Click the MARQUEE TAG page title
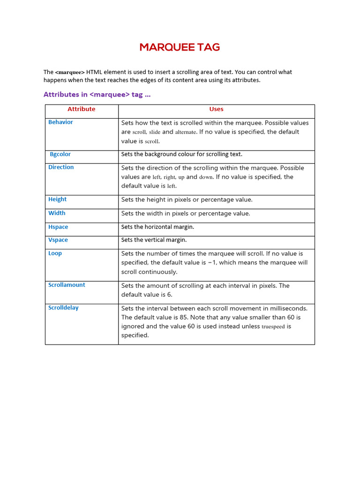(x=180, y=47)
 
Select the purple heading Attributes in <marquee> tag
(x=97, y=95)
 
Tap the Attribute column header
(x=81, y=109)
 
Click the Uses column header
(x=216, y=109)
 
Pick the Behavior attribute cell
(x=60, y=122)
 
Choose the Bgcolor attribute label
(x=60, y=154)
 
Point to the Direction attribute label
(x=61, y=167)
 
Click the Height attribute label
(x=57, y=199)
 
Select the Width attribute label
(x=57, y=213)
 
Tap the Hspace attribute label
(x=58, y=227)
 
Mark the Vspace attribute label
(x=58, y=240)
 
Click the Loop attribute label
(x=55, y=254)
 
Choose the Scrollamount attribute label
(x=67, y=285)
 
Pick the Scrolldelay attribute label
(x=63, y=308)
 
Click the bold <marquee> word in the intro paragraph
(x=70, y=72)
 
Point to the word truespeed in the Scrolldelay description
(x=273, y=327)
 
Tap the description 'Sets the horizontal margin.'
(x=157, y=227)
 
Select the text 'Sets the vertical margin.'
(x=154, y=240)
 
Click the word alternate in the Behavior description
(x=185, y=132)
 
